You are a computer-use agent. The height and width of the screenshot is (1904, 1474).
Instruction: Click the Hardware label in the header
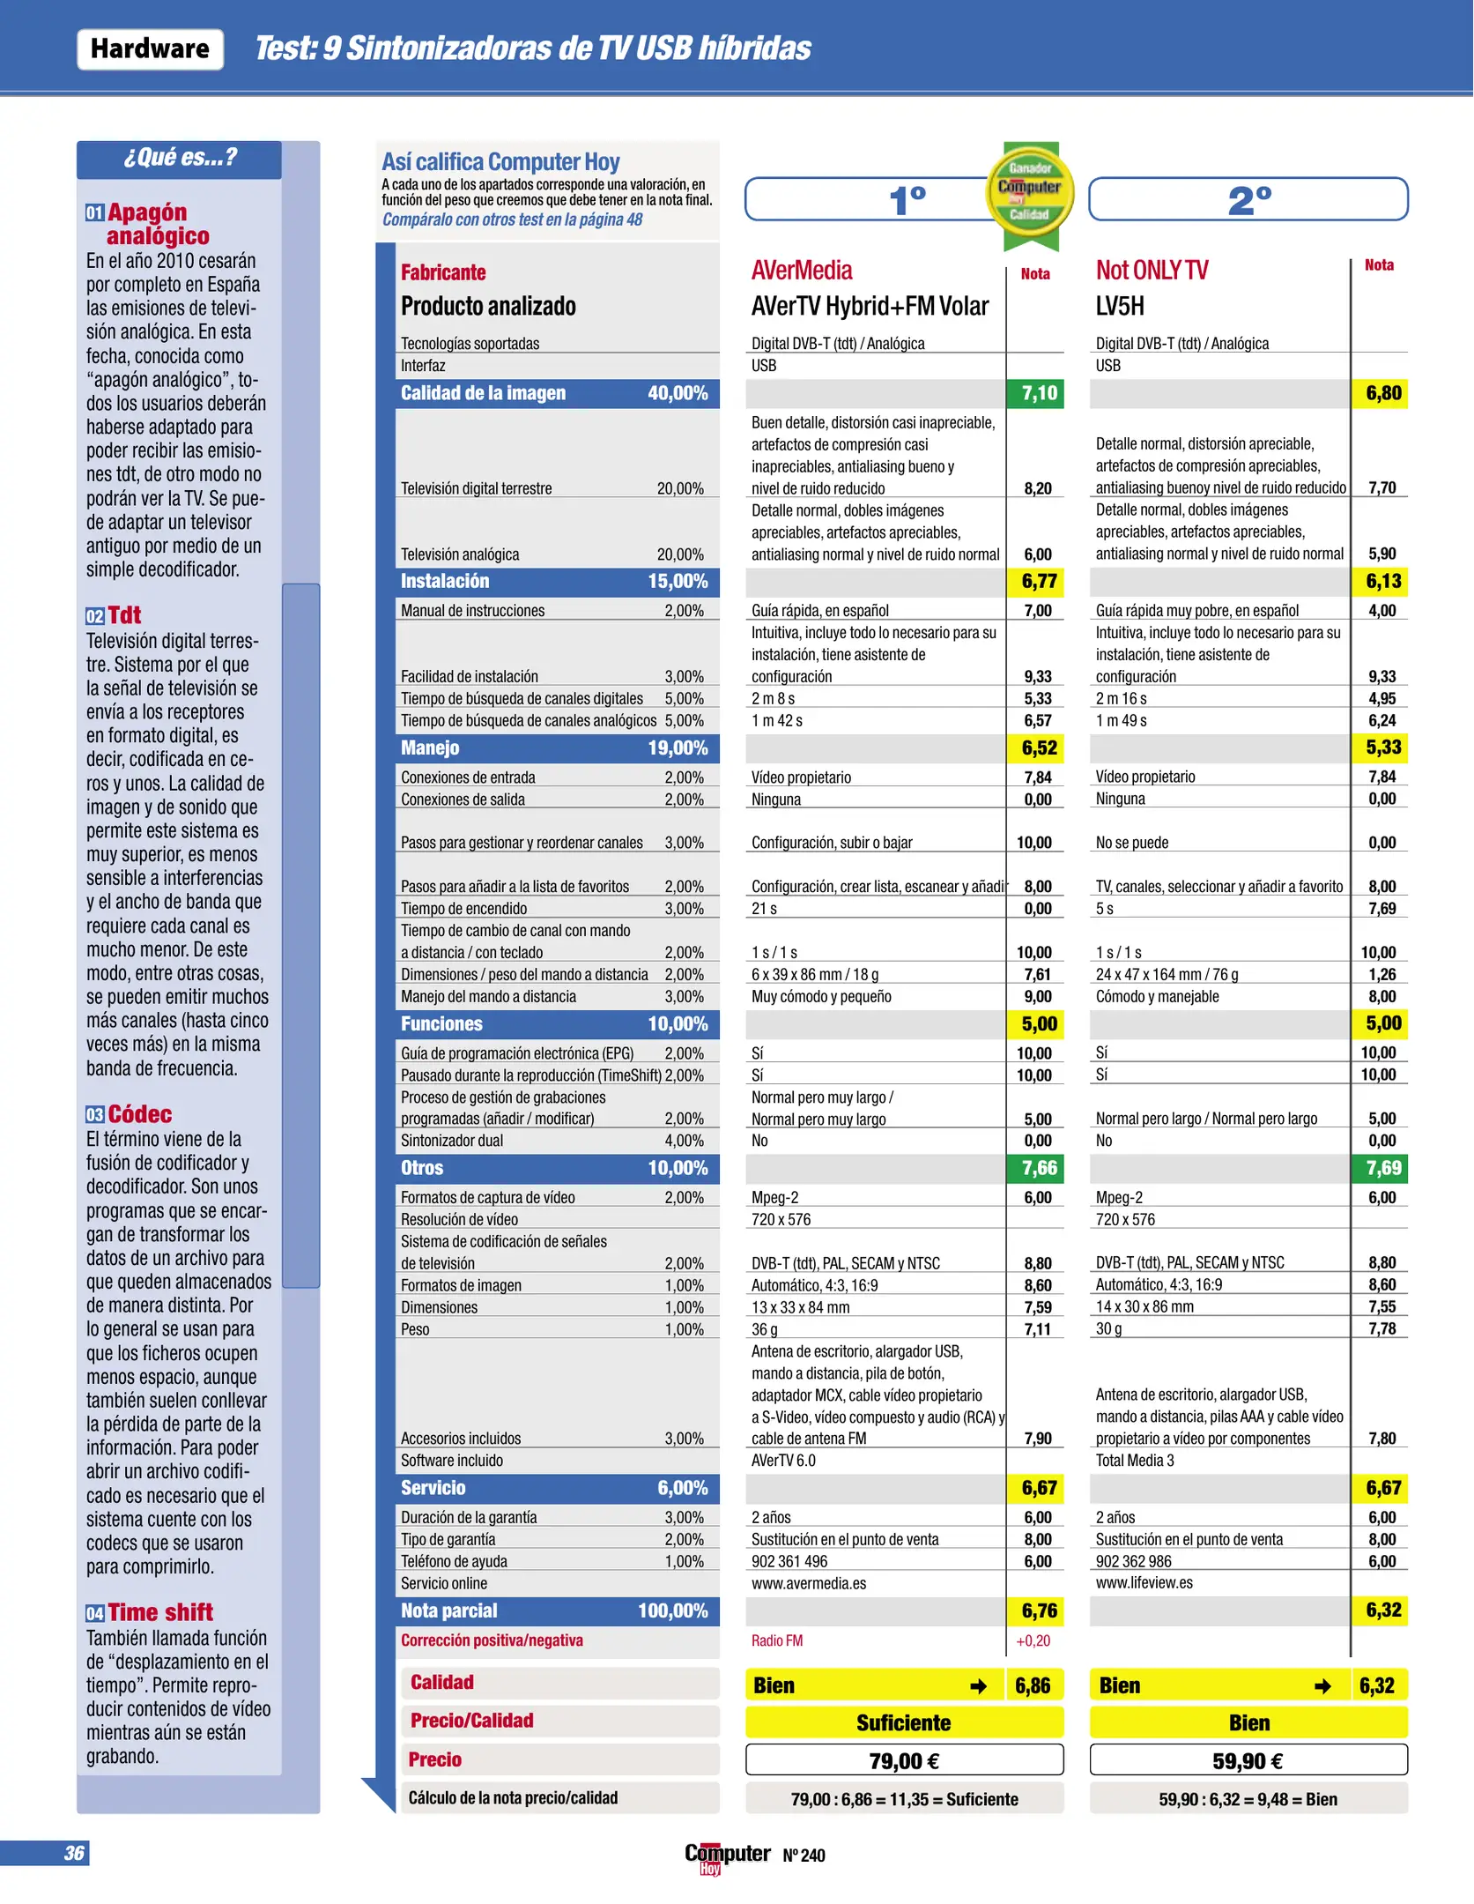[x=150, y=49]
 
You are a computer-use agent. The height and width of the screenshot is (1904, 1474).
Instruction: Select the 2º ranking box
[x=1248, y=200]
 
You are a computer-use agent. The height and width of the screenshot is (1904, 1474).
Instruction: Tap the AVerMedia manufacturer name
[x=802, y=271]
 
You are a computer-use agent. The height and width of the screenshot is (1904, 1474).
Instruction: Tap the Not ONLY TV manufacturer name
[x=1152, y=271]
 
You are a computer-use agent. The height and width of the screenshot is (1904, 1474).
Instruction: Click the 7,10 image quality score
[x=1038, y=393]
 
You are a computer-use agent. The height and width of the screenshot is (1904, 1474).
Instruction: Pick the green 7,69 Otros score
[x=1382, y=1168]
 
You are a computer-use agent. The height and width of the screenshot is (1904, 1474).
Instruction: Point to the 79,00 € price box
[x=904, y=1760]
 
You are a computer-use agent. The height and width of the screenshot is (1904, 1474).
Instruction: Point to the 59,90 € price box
[x=1248, y=1760]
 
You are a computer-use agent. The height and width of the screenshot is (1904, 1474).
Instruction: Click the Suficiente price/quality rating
[x=904, y=1722]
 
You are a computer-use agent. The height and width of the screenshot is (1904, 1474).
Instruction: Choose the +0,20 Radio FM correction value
[x=1033, y=1640]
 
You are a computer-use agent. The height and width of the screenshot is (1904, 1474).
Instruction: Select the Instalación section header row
[x=557, y=582]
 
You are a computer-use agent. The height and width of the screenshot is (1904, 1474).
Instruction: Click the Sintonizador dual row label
[x=452, y=1141]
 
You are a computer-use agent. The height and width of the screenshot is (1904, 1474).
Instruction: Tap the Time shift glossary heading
[x=159, y=1612]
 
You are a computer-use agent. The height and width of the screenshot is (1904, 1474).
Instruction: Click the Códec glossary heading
[x=139, y=1114]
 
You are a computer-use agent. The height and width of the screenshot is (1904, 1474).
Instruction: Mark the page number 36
[x=75, y=1853]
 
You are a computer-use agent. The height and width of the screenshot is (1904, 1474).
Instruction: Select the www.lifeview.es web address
[x=1144, y=1583]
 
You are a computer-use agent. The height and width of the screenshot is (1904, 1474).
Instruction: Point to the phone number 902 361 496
[x=789, y=1561]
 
